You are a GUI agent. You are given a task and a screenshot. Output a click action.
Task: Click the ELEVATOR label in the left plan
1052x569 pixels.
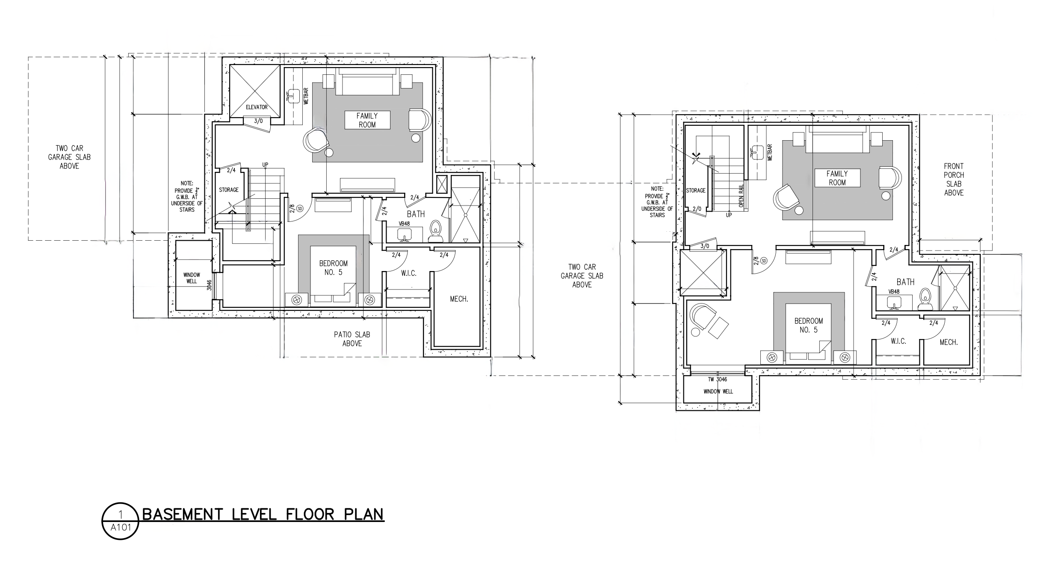point(257,107)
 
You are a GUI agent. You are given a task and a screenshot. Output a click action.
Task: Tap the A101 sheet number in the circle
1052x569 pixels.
point(121,527)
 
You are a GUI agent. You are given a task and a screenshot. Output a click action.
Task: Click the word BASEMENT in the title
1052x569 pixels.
point(182,514)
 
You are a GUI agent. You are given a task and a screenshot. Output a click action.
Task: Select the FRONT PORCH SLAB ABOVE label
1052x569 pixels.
point(954,179)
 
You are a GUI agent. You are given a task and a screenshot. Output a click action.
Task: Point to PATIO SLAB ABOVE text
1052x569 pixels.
point(352,339)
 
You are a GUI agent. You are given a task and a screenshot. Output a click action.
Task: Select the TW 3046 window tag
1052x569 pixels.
point(717,379)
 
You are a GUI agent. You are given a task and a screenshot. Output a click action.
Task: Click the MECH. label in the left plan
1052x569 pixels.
point(459,299)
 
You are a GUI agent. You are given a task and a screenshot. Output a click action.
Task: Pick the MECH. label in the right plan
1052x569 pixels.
point(949,342)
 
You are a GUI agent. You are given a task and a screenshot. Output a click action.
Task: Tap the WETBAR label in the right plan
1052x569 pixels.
point(770,152)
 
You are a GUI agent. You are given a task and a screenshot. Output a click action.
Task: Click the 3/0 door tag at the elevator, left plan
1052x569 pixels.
point(258,121)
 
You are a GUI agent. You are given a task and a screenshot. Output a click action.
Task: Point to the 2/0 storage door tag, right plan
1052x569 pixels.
point(697,209)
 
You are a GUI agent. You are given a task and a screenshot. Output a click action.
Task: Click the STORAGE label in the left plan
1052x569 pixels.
point(229,190)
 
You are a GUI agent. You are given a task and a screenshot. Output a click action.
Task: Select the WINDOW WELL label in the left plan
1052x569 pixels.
point(192,278)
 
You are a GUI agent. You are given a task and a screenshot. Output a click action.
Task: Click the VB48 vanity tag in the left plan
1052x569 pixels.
point(404,224)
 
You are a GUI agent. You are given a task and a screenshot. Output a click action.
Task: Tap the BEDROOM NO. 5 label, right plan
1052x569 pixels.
point(808,325)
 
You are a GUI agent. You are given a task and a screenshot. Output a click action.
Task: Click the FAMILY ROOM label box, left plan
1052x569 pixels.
point(367,120)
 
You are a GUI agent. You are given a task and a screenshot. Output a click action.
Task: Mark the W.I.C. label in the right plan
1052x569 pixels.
point(898,341)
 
